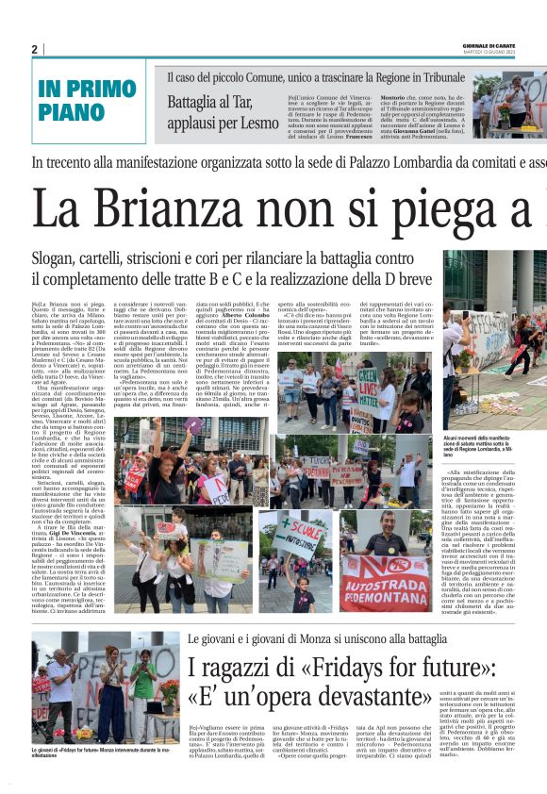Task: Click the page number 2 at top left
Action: tap(34, 49)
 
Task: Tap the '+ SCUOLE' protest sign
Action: tap(301, 527)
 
